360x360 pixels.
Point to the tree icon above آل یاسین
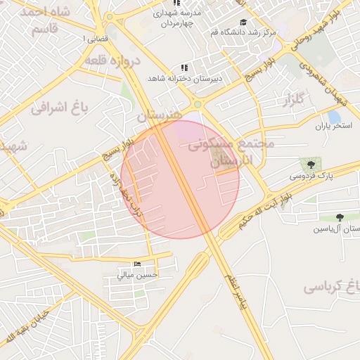(x=340, y=218)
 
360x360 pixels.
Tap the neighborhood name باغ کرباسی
(x=332, y=287)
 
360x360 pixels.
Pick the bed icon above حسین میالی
(x=136, y=264)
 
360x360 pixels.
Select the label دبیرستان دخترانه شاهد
(x=185, y=78)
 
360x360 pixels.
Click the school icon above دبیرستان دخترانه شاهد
(x=184, y=67)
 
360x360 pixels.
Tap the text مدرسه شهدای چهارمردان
(x=176, y=18)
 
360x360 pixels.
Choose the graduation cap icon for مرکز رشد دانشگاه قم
(x=243, y=22)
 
